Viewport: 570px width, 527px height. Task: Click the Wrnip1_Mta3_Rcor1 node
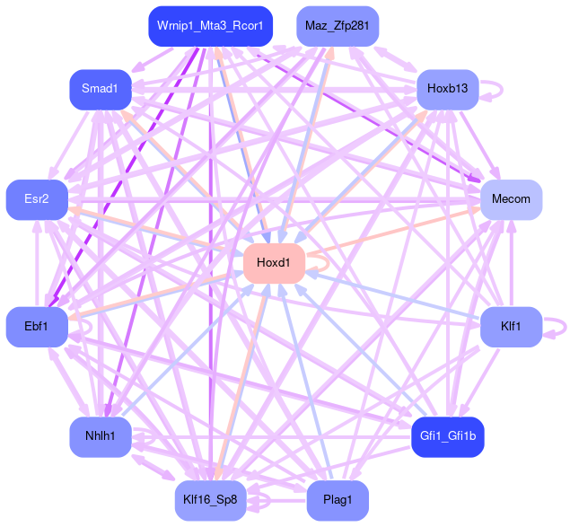[x=209, y=26]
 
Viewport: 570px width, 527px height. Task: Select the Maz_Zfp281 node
[x=337, y=26]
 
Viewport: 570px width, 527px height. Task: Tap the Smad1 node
[x=101, y=89]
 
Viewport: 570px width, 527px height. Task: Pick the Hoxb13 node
[x=447, y=89]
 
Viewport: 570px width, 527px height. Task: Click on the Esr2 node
[x=37, y=199]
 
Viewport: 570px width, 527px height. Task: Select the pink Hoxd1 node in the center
[x=274, y=263]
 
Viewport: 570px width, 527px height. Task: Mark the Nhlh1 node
[x=101, y=437]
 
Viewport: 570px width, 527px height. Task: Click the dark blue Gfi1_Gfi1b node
[x=447, y=437]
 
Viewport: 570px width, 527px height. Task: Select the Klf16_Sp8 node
[x=211, y=500]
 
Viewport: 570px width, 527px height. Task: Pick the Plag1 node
[x=337, y=500]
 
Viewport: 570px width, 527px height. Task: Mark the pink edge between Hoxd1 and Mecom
[x=395, y=231]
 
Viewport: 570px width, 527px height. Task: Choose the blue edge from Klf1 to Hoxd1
[x=395, y=295]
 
